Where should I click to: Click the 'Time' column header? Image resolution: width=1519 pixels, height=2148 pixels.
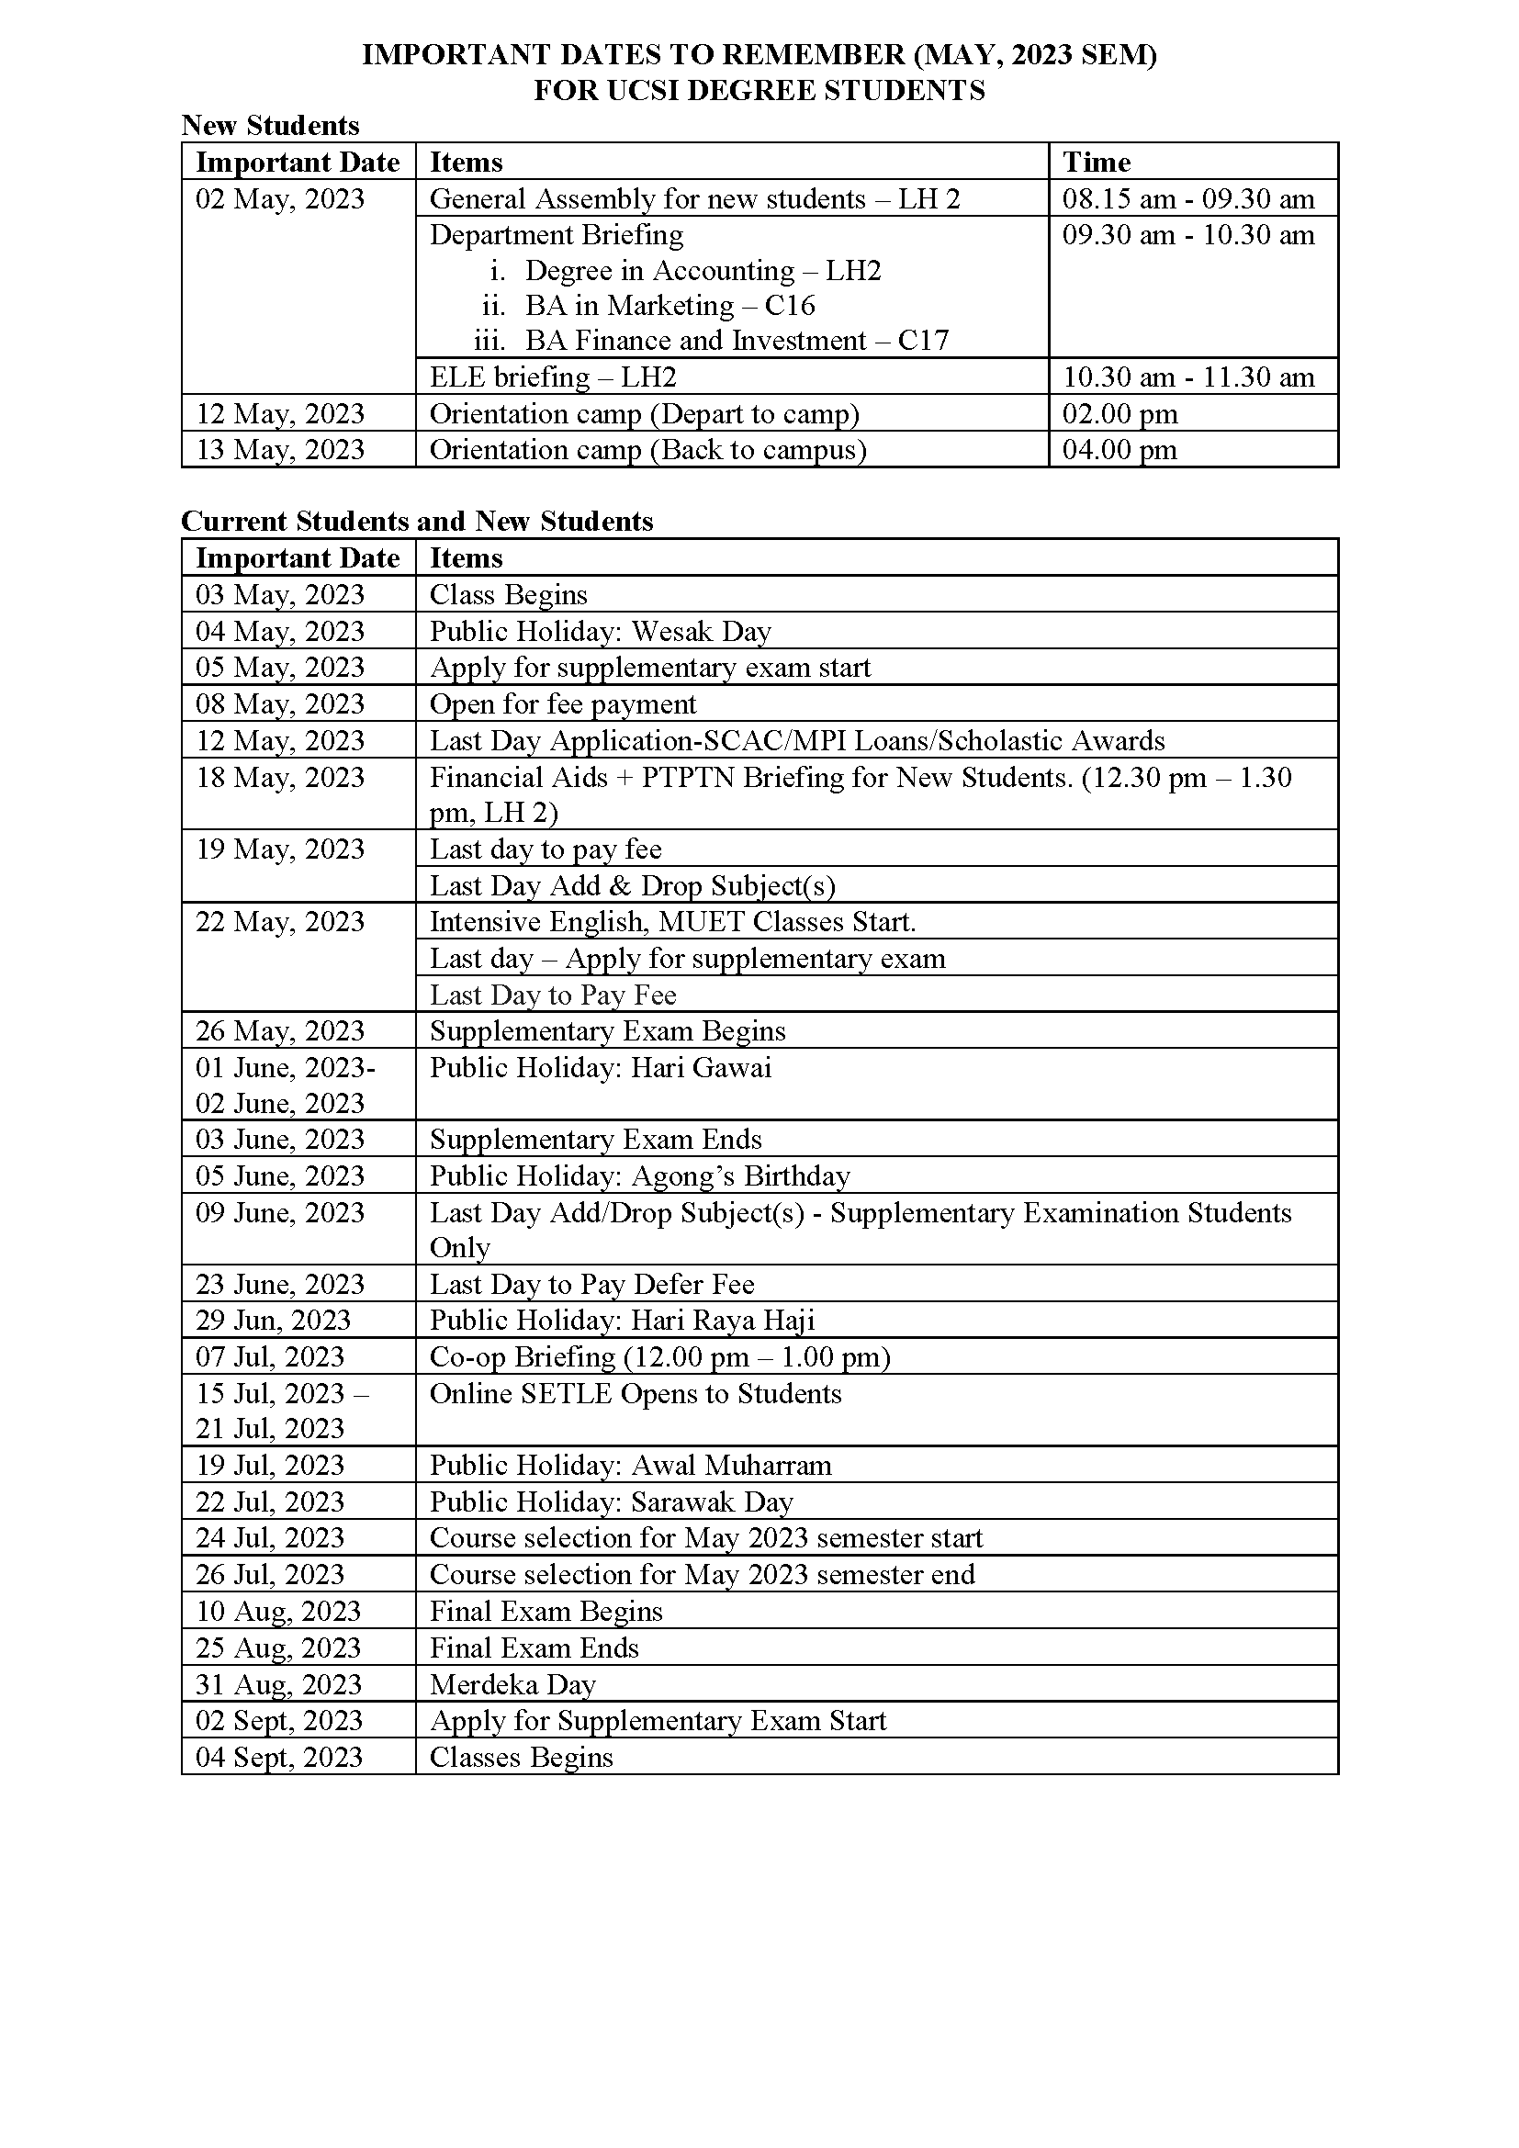1097,163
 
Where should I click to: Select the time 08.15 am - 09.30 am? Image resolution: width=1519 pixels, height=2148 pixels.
1187,199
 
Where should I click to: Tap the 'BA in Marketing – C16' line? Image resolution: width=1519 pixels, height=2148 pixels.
669,306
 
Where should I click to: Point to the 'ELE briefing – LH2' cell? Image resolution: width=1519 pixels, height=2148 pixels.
553,377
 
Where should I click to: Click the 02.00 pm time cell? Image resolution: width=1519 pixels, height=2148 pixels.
1120,413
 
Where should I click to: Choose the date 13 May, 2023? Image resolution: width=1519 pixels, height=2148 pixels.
280,450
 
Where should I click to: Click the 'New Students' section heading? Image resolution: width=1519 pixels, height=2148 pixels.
270,126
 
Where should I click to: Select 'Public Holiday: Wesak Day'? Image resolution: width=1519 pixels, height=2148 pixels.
601,632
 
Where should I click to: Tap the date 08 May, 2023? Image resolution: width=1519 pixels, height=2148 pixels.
280,703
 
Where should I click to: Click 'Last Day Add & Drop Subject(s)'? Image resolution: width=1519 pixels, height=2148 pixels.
632,885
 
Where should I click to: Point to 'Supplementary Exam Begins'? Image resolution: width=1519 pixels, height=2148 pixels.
607,1031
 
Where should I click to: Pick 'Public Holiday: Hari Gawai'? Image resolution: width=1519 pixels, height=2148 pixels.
601,1067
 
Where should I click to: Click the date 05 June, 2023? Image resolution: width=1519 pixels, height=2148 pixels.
280,1176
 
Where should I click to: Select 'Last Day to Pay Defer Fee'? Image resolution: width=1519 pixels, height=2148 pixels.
592,1285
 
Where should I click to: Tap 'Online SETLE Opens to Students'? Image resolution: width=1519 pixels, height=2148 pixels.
636,1394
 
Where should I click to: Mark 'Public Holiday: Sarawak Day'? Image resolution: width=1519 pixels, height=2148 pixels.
611,1502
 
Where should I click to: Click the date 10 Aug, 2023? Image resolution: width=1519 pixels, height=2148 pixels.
277,1611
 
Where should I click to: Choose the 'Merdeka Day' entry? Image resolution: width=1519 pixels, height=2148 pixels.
512,1684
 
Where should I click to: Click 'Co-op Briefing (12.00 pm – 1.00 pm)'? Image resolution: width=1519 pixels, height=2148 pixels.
659,1357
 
